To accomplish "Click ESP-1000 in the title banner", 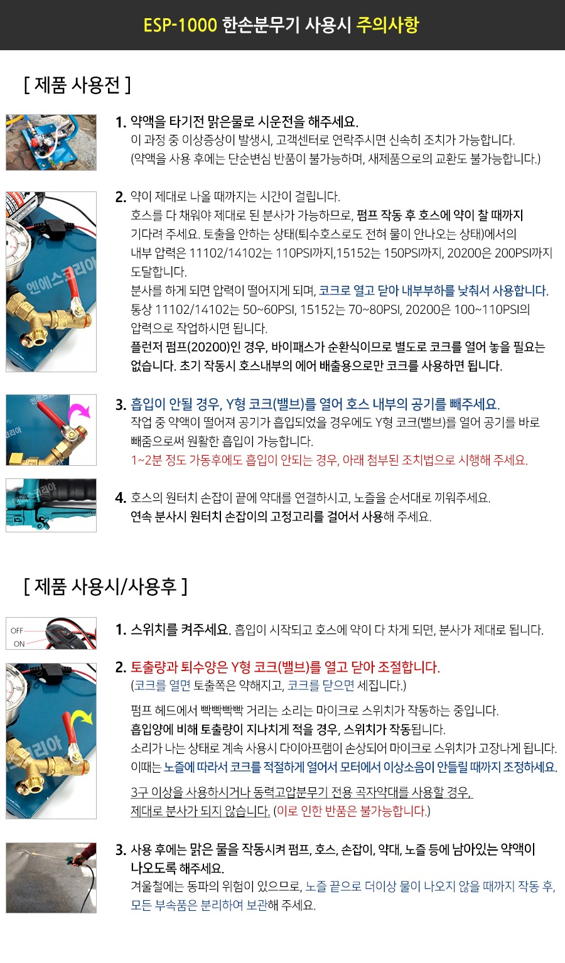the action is (180, 25).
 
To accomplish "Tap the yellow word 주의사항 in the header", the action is (387, 25).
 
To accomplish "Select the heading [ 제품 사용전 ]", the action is (77, 85).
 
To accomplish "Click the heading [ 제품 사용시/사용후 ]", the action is (105, 586).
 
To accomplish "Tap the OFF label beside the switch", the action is (17, 631).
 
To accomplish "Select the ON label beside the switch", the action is (19, 644).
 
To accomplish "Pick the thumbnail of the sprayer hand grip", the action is (51, 505).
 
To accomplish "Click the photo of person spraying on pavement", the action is (51, 878).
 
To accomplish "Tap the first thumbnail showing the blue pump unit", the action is (51, 143).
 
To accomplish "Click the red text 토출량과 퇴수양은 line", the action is (285, 667).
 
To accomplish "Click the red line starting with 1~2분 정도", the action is (330, 460).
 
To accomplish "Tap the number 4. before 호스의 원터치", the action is (121, 498).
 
